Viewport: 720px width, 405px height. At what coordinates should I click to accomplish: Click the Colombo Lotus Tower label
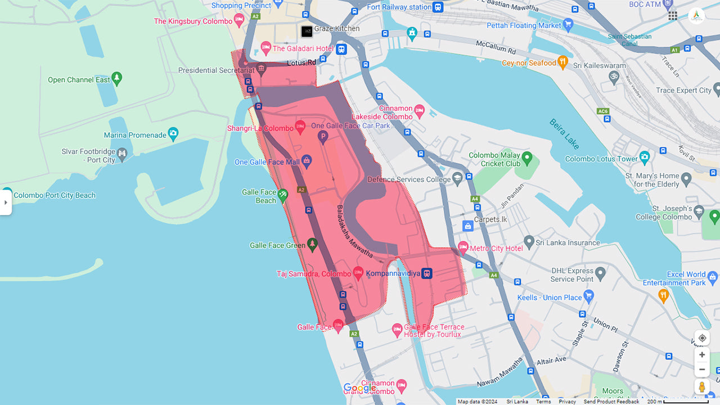pyautogui.click(x=601, y=159)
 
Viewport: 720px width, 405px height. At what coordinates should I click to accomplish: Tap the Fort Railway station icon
pyautogui.click(x=438, y=7)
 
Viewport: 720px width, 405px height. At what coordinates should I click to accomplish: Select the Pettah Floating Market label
pyautogui.click(x=524, y=25)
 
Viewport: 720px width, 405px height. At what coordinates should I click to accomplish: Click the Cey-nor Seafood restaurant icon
pyautogui.click(x=562, y=62)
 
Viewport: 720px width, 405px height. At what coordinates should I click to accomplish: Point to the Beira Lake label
pyautogui.click(x=564, y=133)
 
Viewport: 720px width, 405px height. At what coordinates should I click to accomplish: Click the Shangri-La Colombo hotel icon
pyautogui.click(x=300, y=128)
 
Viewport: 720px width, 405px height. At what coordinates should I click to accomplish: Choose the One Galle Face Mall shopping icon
pyautogui.click(x=307, y=161)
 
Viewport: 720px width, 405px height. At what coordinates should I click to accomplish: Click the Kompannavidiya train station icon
pyautogui.click(x=427, y=273)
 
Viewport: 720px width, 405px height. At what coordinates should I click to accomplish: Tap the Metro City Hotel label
pyautogui.click(x=496, y=248)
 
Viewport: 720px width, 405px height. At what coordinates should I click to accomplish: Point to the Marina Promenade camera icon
pyautogui.click(x=173, y=134)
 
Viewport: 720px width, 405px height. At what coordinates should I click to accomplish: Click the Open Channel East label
pyautogui.click(x=79, y=80)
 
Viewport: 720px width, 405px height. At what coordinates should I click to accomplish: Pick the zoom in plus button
pyautogui.click(x=702, y=355)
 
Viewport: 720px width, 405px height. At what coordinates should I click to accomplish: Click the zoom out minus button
pyautogui.click(x=702, y=370)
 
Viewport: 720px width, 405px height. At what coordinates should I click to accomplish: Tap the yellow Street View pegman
pyautogui.click(x=702, y=387)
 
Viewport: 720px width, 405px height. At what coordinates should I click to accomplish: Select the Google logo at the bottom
pyautogui.click(x=359, y=388)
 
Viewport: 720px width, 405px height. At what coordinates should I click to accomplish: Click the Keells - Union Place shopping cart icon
pyautogui.click(x=589, y=295)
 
